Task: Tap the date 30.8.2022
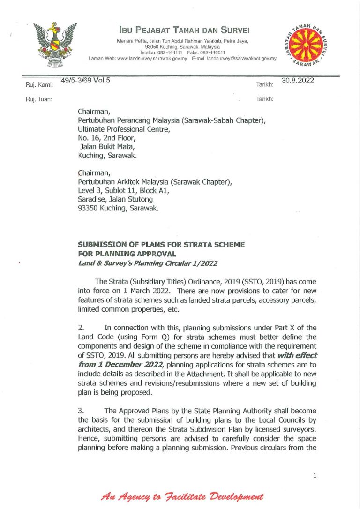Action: (x=298, y=81)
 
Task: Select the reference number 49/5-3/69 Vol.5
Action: (x=85, y=81)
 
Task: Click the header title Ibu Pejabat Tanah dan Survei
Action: (x=184, y=30)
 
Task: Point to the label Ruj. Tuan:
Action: (x=38, y=99)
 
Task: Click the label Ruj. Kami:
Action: (x=39, y=85)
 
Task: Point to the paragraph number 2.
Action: (x=81, y=328)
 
